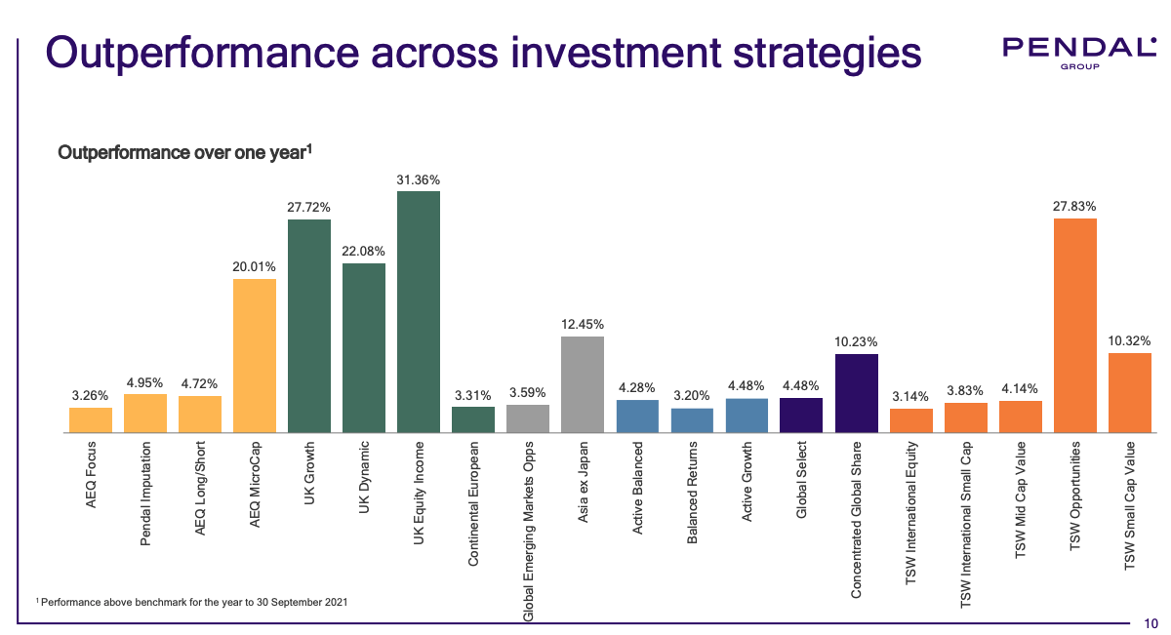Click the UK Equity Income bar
(x=419, y=311)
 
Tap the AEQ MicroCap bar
(x=255, y=355)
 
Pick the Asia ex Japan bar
(x=583, y=384)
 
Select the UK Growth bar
(x=309, y=326)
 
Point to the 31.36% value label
(x=419, y=179)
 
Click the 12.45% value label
(x=583, y=324)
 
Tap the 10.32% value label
(x=1129, y=341)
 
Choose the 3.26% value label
(x=91, y=395)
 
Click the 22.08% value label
(x=364, y=252)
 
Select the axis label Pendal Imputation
(x=145, y=494)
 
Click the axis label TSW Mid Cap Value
(x=1020, y=498)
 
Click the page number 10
(x=1151, y=622)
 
